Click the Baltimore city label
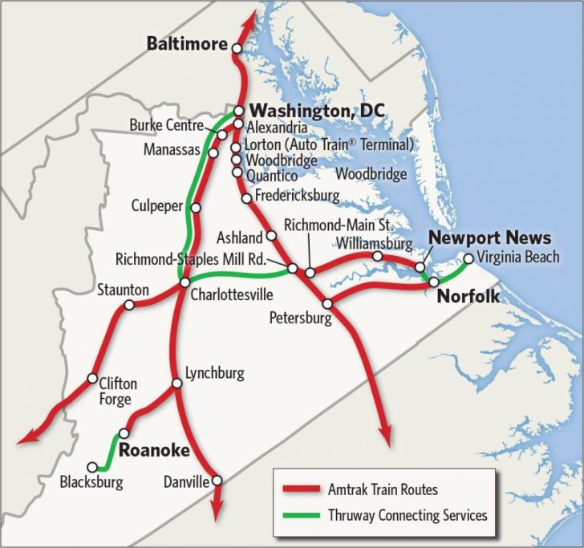pyautogui.click(x=188, y=45)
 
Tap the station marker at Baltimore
pyautogui.click(x=237, y=49)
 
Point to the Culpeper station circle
pyautogui.click(x=197, y=207)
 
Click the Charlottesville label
pyautogui.click(x=232, y=295)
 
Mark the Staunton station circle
pyautogui.click(x=129, y=305)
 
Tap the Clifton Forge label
pyautogui.click(x=118, y=392)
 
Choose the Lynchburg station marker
pyautogui.click(x=177, y=384)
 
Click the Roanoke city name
pyautogui.click(x=154, y=450)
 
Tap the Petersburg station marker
pyautogui.click(x=327, y=303)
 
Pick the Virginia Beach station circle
pyautogui.click(x=468, y=258)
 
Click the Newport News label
pyautogui.click(x=489, y=237)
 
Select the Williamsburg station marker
pyautogui.click(x=377, y=256)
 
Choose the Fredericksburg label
pyautogui.click(x=296, y=195)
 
